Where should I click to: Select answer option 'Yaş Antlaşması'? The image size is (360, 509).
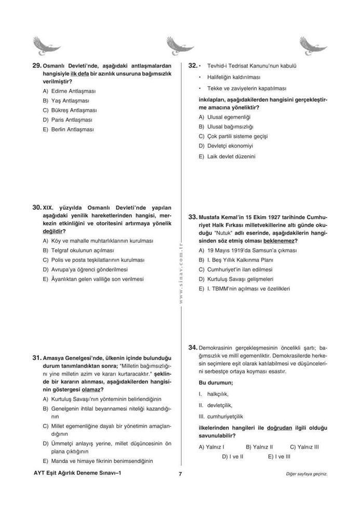click(70, 101)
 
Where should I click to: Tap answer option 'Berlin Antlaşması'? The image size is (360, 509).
click(73, 129)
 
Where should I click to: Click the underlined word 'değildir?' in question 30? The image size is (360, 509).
click(54, 231)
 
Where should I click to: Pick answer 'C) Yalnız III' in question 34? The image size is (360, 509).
click(304, 447)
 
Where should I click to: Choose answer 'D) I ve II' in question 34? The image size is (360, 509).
click(233, 457)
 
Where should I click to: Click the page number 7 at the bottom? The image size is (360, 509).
click(179, 474)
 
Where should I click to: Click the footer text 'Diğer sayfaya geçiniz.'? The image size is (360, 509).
click(306, 474)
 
